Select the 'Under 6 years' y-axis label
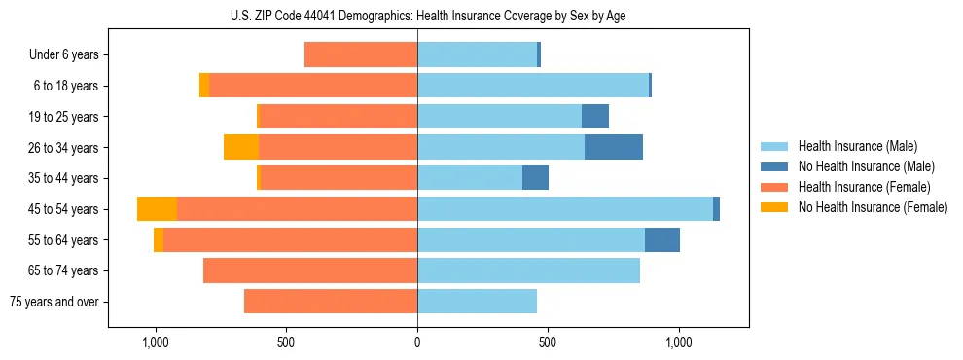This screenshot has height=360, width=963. [x=64, y=55]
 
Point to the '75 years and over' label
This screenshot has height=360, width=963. [x=54, y=302]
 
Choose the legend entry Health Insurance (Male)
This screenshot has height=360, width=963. [x=856, y=146]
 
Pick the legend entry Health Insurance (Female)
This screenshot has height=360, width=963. [x=863, y=187]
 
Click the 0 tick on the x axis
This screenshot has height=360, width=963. [x=417, y=342]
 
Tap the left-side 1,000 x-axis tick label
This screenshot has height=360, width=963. [x=156, y=342]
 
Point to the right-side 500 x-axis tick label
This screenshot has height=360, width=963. [x=548, y=342]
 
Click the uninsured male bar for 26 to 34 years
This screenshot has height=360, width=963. [x=614, y=147]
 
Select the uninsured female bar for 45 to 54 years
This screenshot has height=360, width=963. [x=157, y=209]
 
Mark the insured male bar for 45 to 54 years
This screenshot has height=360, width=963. [x=564, y=209]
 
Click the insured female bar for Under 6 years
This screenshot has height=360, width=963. [x=361, y=54]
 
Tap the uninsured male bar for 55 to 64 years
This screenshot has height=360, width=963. [x=662, y=240]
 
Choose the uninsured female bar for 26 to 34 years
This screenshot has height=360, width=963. [x=241, y=147]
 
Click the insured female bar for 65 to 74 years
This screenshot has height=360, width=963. [x=310, y=270]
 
